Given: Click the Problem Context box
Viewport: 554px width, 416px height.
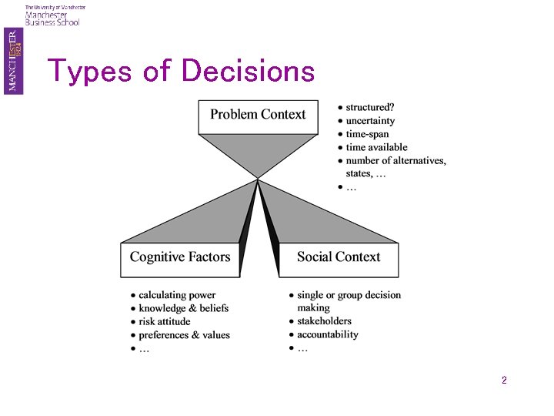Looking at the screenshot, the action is click(x=258, y=117).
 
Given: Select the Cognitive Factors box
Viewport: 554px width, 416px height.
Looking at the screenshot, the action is click(x=180, y=260).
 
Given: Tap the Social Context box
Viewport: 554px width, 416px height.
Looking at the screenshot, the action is click(x=339, y=260).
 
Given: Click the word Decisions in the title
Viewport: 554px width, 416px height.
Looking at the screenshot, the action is click(x=248, y=70).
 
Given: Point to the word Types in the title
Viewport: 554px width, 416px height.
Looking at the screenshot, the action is click(x=89, y=72).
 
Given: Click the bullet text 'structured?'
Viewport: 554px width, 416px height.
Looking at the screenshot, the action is click(x=370, y=107).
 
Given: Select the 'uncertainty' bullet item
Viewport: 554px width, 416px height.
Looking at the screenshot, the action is click(x=370, y=121).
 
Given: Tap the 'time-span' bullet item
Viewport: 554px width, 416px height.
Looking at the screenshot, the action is click(x=367, y=134).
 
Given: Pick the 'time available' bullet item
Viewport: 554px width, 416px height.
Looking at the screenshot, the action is click(x=376, y=147).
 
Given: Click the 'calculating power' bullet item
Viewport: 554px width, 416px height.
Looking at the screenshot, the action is click(x=177, y=295).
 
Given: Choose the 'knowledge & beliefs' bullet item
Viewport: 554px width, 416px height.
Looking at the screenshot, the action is click(x=184, y=308).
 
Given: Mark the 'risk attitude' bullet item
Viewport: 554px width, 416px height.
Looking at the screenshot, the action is click(x=165, y=321).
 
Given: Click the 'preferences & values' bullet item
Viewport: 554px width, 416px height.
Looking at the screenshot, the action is click(x=184, y=335).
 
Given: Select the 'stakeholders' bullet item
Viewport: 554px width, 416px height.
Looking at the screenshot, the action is click(x=325, y=321).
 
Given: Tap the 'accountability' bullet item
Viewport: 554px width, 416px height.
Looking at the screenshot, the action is click(x=328, y=334).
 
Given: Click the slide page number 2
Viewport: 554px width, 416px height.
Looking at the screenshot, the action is click(x=504, y=380).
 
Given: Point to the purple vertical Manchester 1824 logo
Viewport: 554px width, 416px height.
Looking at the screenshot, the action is click(x=13, y=61).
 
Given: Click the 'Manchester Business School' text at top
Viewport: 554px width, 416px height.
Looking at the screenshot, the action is click(x=52, y=18).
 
